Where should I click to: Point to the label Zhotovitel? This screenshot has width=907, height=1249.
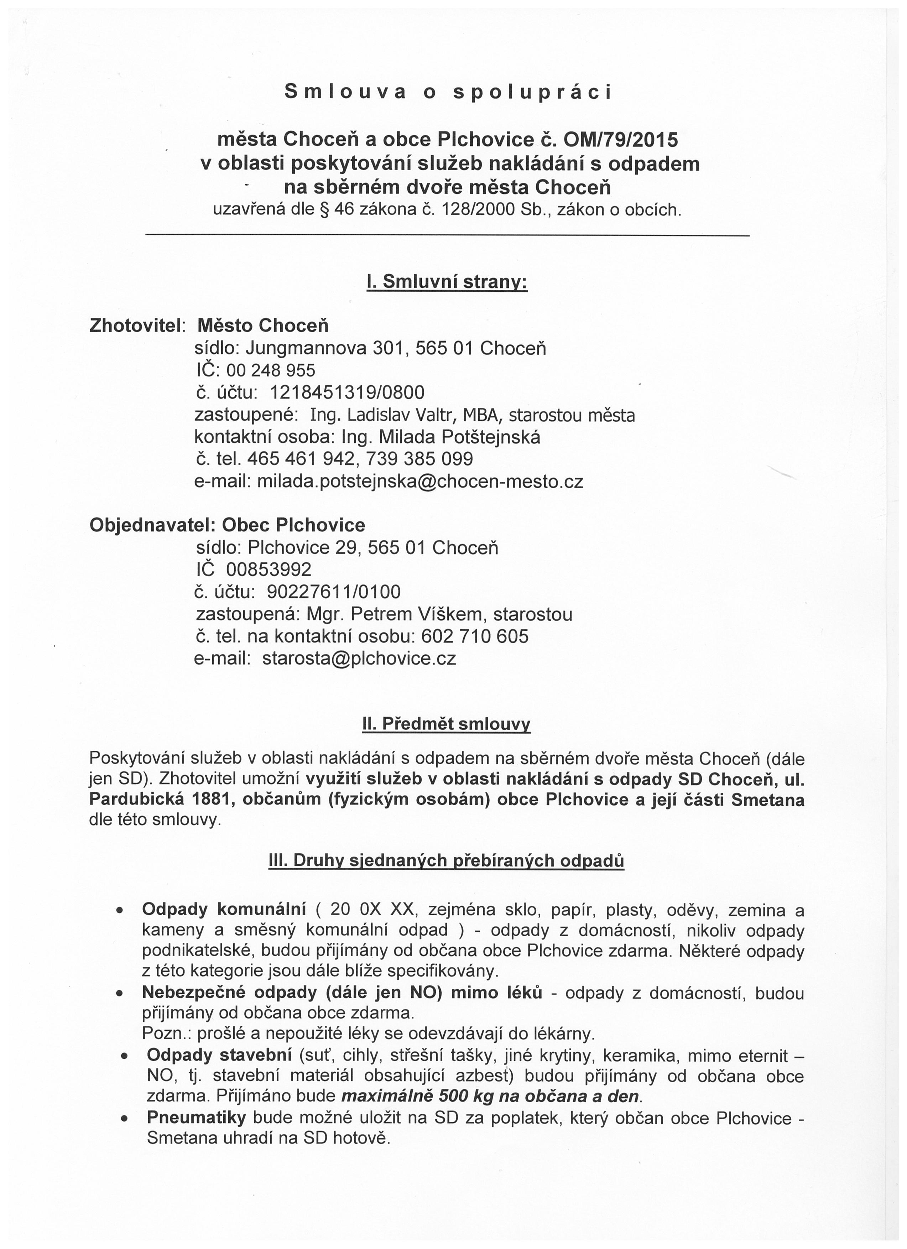tap(138, 326)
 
